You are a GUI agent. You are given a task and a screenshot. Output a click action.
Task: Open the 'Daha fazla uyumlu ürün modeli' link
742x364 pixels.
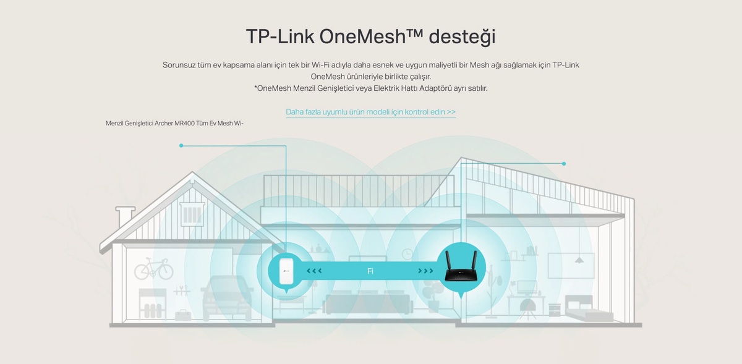(370, 112)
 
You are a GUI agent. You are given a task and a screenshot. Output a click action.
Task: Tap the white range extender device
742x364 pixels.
(285, 271)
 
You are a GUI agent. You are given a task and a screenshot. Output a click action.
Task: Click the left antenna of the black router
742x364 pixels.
(448, 259)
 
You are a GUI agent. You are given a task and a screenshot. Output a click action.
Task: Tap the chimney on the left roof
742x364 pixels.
(126, 216)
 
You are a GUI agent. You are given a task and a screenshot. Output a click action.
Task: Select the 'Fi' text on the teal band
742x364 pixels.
(370, 271)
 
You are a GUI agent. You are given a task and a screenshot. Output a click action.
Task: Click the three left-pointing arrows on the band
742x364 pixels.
(314, 271)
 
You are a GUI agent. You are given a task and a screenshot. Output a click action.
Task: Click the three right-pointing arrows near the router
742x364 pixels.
(425, 271)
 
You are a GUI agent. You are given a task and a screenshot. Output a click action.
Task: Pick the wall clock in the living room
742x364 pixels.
(407, 253)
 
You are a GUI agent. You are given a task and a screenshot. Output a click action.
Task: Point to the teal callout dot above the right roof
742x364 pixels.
(564, 164)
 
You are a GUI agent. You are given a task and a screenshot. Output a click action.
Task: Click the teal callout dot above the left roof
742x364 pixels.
(181, 146)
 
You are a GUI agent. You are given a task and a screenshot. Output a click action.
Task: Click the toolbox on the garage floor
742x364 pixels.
(182, 315)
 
